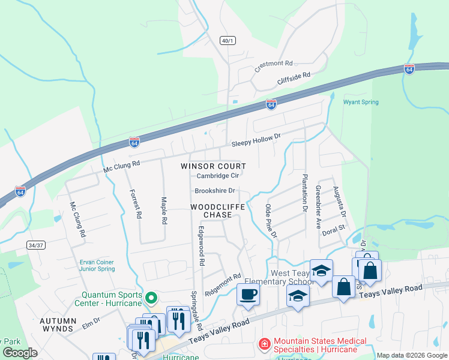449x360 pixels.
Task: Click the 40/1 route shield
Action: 228,41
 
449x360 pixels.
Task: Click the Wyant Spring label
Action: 361,102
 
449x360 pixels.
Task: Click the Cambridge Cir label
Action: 218,176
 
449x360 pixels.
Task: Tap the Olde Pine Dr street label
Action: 271,221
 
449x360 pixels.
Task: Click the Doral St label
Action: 334,229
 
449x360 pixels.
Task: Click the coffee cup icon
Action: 248,294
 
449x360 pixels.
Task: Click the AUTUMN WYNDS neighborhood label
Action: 58,325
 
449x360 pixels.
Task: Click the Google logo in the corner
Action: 20,353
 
